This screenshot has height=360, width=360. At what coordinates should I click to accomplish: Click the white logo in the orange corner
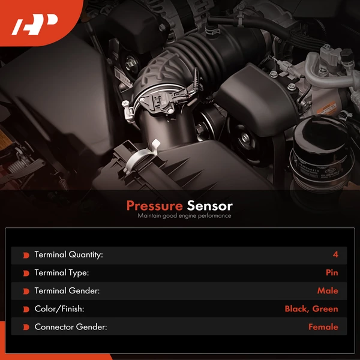(34, 25)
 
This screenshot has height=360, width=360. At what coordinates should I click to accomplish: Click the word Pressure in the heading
(155, 206)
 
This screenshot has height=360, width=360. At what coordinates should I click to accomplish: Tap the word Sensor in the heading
(209, 206)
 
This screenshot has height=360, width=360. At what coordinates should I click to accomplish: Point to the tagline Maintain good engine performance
(184, 216)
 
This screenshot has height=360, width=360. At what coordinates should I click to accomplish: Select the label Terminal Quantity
(68, 254)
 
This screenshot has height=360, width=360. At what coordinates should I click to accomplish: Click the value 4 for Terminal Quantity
(335, 254)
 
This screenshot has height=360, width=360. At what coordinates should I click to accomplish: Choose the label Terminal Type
(62, 273)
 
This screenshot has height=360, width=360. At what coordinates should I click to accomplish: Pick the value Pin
(332, 272)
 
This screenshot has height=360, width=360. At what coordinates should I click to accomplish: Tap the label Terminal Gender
(67, 290)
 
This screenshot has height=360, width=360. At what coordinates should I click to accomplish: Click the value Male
(328, 290)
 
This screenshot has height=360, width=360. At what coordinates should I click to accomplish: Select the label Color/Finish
(59, 309)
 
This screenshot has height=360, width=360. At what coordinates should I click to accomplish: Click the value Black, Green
(311, 309)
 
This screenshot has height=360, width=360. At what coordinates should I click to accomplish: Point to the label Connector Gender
(71, 327)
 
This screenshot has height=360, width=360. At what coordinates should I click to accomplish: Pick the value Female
(323, 327)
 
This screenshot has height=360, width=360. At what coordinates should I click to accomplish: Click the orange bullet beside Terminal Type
(26, 273)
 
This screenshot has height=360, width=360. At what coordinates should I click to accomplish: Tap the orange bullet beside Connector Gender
(26, 328)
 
